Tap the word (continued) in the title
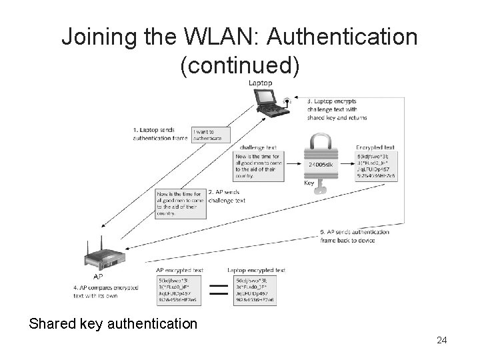[240, 65]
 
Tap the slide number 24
[441, 341]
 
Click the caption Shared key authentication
[113, 323]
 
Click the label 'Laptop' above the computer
[260, 83]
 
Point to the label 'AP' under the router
[98, 276]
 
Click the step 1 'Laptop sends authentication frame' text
[160, 134]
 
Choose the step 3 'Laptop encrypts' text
[337, 109]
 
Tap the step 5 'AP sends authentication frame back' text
[356, 236]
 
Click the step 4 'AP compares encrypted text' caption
[106, 291]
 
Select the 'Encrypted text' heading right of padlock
[375, 147]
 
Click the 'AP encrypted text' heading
[179, 270]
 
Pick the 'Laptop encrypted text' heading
[256, 270]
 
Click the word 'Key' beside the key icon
[309, 183]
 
